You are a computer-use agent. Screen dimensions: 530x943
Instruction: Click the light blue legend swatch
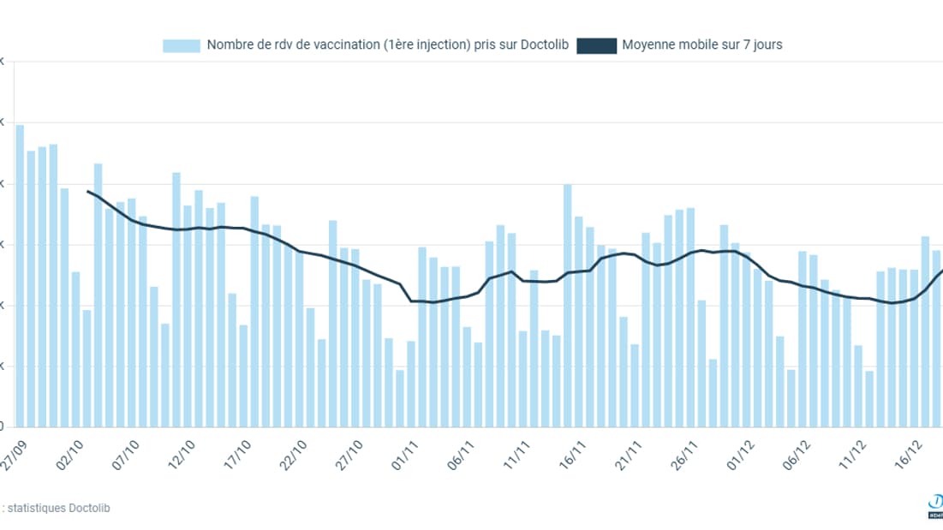pyautogui.click(x=181, y=45)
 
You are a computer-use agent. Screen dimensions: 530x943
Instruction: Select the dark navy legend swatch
pyautogui.click(x=597, y=45)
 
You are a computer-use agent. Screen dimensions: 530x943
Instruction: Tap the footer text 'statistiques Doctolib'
pyautogui.click(x=60, y=508)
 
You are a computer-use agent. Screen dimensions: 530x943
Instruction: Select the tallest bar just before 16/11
pyautogui.click(x=567, y=305)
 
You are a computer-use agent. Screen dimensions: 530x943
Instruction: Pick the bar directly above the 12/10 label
pyautogui.click(x=188, y=316)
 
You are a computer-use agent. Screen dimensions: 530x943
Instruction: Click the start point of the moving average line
pyautogui.click(x=88, y=191)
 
